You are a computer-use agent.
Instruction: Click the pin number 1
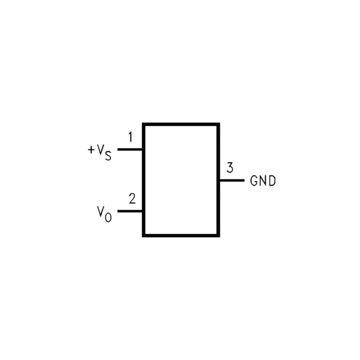click(x=130, y=137)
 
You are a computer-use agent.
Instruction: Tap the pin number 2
click(x=132, y=199)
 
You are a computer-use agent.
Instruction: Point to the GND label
click(x=263, y=181)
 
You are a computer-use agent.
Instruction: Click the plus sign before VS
click(x=91, y=150)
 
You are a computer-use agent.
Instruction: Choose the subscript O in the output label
click(x=108, y=217)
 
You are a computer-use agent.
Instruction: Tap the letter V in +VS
click(x=100, y=149)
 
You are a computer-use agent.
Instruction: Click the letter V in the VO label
click(x=100, y=211)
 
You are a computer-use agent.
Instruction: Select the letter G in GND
click(x=254, y=181)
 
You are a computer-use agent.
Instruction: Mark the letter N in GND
click(x=263, y=181)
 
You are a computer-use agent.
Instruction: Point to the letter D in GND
click(x=272, y=181)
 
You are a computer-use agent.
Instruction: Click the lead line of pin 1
click(x=130, y=150)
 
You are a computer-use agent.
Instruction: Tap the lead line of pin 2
click(x=130, y=211)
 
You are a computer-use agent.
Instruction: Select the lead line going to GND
click(x=232, y=180)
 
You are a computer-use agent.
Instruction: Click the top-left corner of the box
click(x=144, y=124)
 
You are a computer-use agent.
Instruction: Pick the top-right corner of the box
click(x=218, y=124)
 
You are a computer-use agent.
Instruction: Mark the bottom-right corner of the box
click(x=218, y=236)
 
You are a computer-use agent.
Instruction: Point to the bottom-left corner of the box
click(x=144, y=236)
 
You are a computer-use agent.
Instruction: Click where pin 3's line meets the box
click(x=220, y=180)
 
